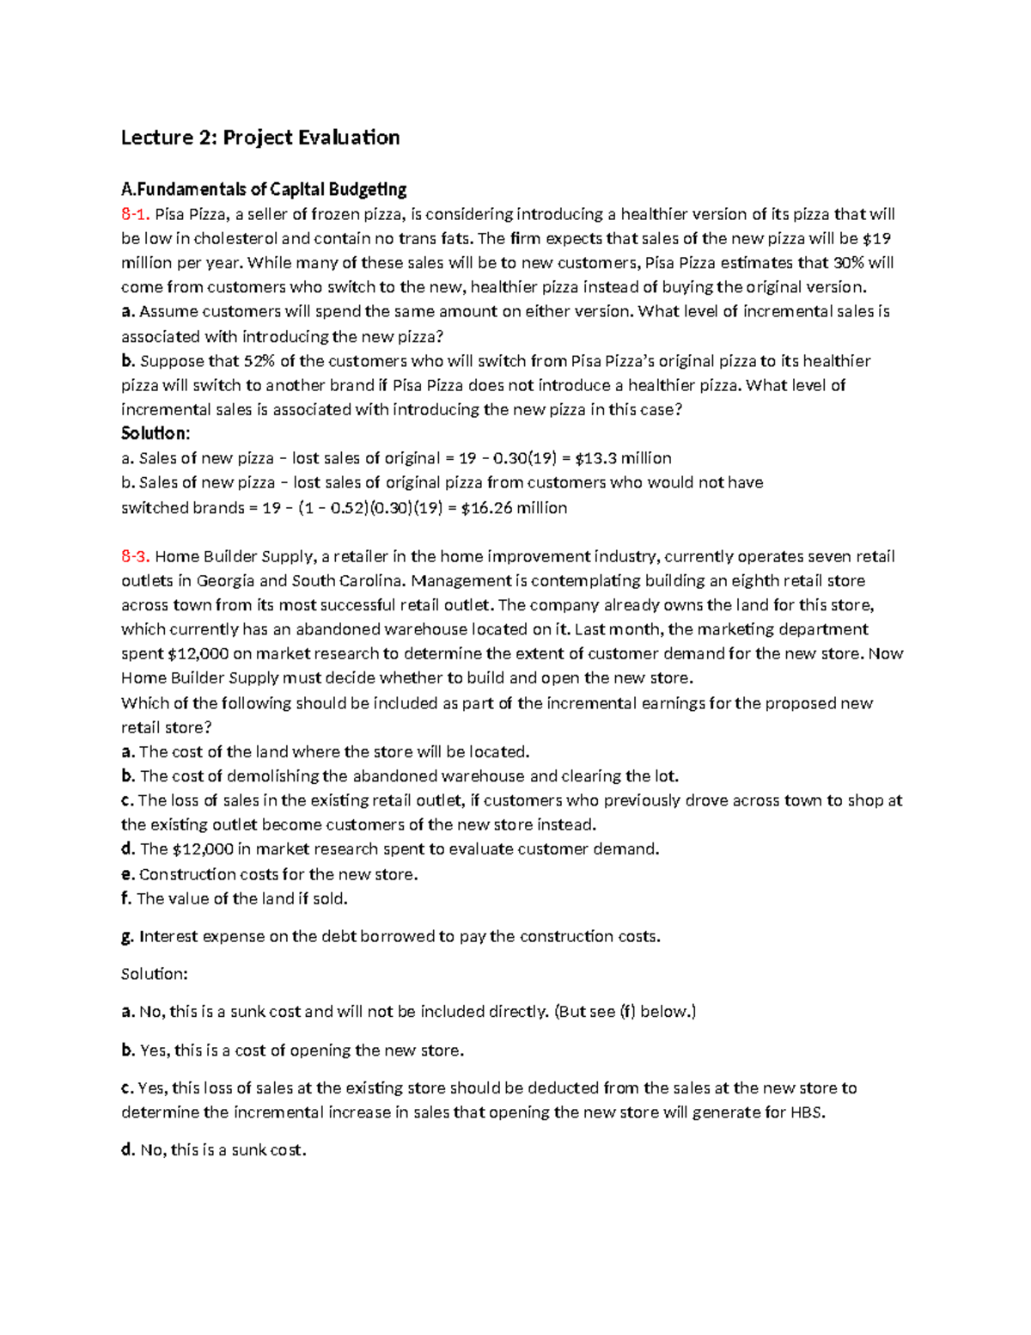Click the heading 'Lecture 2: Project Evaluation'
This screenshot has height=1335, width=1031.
259,138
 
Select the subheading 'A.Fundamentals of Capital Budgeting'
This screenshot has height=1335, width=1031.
264,189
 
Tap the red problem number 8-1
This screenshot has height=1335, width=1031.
135,214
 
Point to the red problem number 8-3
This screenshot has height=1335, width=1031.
135,556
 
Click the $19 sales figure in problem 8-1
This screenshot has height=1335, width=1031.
875,238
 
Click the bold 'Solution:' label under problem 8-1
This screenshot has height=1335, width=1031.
156,433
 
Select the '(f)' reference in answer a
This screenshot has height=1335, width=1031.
628,1012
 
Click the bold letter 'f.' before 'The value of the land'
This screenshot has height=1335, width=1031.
126,899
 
